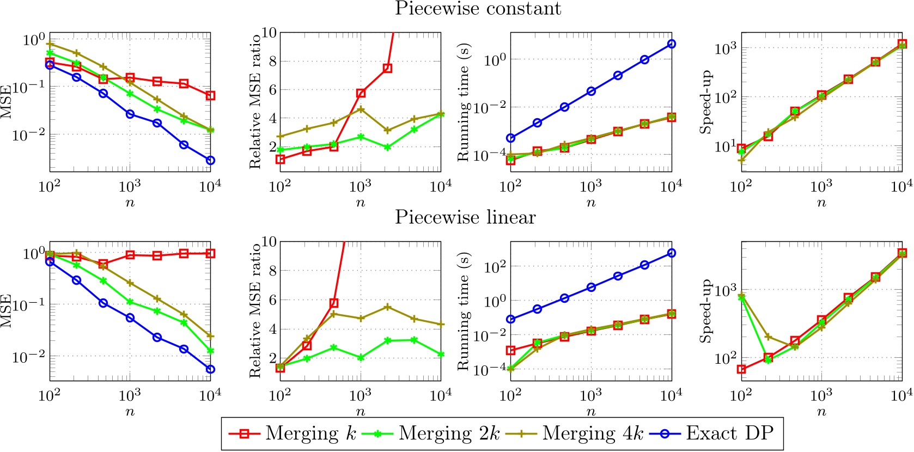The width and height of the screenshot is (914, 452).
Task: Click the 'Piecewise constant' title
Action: (x=478, y=9)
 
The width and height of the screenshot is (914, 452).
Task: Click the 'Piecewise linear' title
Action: (x=465, y=217)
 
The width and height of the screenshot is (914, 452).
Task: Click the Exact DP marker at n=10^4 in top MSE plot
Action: (x=210, y=160)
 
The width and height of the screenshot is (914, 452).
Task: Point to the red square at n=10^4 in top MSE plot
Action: (x=210, y=95)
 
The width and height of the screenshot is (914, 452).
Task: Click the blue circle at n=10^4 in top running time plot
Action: (x=672, y=44)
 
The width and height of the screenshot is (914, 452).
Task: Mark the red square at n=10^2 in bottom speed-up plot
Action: (x=741, y=369)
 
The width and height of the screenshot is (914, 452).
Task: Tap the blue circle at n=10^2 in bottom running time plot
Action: (x=510, y=319)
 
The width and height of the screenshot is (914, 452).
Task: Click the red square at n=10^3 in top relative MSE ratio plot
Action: (x=360, y=93)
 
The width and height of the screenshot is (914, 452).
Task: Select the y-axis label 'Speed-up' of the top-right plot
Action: (x=706, y=101)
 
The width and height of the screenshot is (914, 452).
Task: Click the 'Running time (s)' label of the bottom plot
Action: (x=463, y=311)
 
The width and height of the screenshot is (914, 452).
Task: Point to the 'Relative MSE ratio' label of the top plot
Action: (x=255, y=101)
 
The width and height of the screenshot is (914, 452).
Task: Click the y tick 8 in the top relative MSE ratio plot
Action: (x=270, y=61)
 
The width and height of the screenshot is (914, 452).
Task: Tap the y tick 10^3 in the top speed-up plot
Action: (x=725, y=48)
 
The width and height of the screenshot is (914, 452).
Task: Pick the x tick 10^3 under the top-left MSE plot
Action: (x=130, y=186)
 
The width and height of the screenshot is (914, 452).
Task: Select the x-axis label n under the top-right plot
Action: (x=821, y=203)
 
